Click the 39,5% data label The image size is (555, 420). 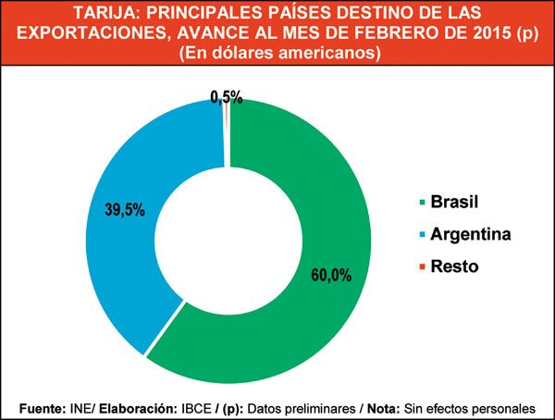[x=124, y=209]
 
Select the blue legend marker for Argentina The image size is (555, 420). [x=424, y=235]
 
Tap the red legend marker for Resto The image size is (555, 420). [x=424, y=266]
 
